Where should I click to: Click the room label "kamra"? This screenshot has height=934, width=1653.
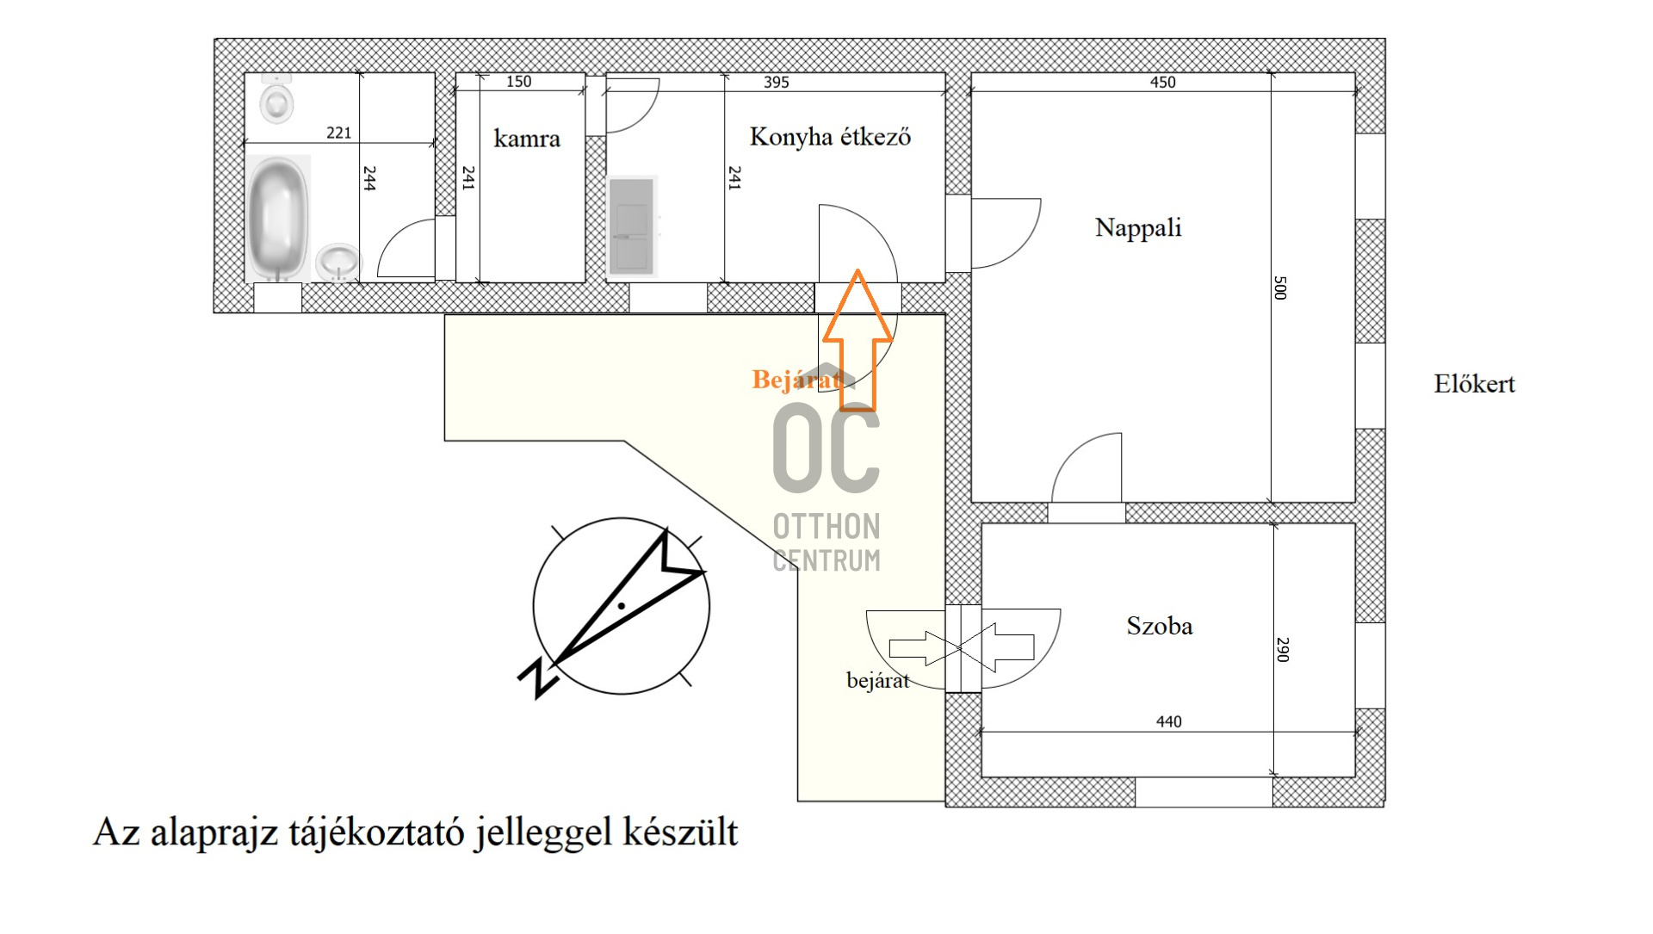pos(526,139)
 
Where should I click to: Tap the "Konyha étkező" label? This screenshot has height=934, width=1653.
pos(830,137)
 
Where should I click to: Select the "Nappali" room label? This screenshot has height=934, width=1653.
pos(1138,228)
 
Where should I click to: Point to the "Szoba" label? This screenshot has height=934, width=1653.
pos(1160,626)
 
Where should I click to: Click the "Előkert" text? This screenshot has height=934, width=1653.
pos(1474,384)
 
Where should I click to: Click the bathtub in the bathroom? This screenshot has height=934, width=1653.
pos(278,218)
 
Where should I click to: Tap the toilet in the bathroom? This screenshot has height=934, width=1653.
pos(277,99)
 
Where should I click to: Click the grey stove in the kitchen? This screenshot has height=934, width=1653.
pos(633,226)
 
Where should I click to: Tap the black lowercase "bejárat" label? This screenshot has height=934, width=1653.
pos(877,681)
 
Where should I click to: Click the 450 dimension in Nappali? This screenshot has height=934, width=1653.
pos(1162,83)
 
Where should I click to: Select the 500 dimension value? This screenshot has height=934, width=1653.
pos(1280,288)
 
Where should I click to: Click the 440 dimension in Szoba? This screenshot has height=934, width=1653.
pos(1168,721)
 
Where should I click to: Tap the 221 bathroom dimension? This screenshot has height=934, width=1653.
pos(338,133)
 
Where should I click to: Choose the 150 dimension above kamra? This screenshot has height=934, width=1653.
pos(518,82)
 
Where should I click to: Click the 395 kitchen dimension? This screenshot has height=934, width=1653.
pos(776,83)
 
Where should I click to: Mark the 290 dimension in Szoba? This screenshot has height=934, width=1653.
pos(1283,649)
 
